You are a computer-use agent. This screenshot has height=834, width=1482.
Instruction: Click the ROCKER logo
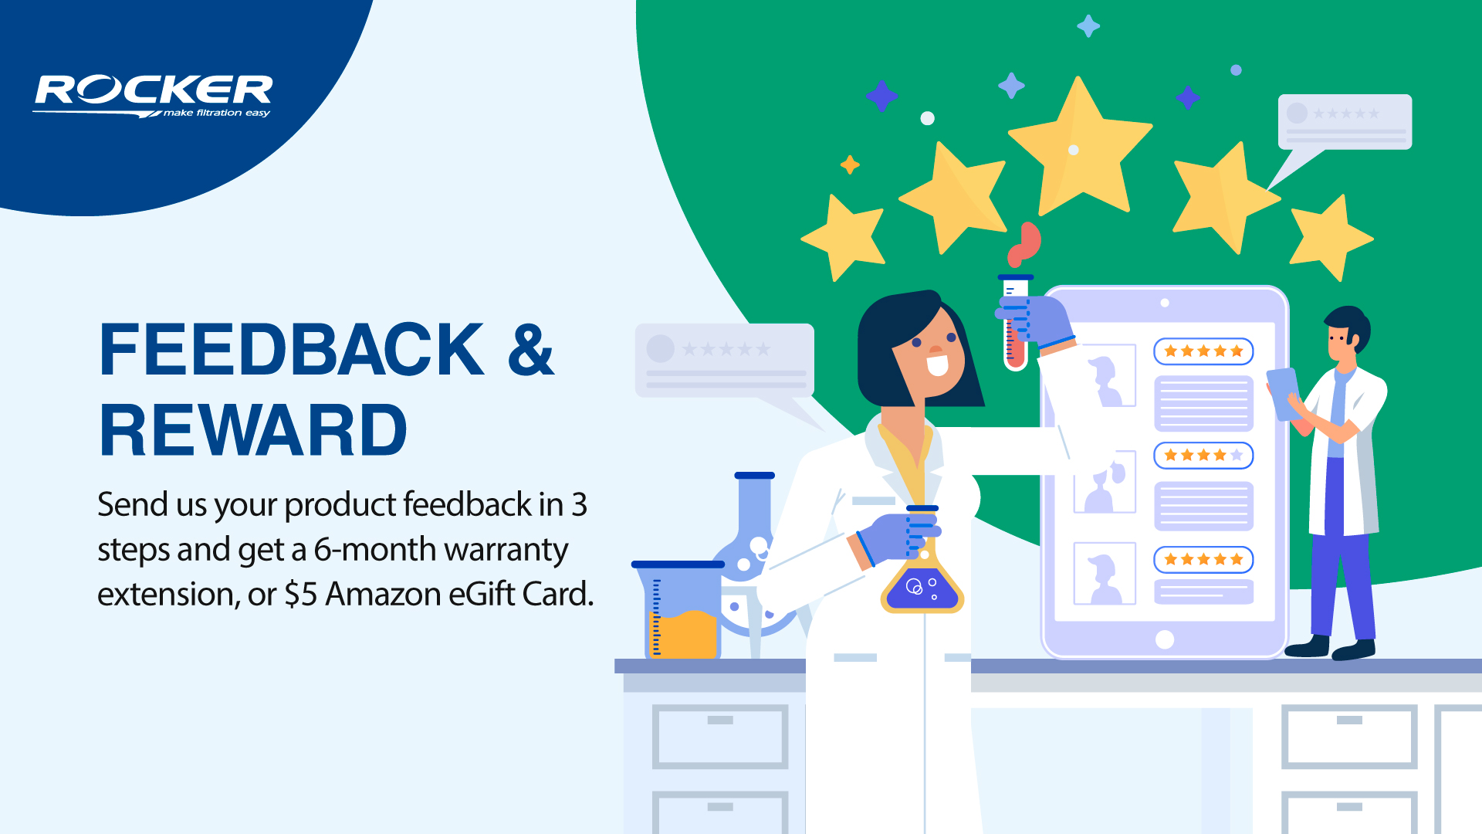click(153, 96)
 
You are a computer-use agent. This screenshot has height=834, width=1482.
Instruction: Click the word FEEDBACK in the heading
click(292, 350)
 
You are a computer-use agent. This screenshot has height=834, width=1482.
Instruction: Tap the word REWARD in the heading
click(253, 430)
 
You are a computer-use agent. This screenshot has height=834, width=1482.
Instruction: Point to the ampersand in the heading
click(531, 350)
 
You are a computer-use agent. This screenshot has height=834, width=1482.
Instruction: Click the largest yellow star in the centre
click(1080, 147)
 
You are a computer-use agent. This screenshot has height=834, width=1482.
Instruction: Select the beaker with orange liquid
click(678, 611)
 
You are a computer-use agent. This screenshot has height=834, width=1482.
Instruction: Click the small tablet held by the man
click(1283, 394)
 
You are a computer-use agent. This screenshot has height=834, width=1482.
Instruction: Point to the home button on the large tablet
click(1165, 639)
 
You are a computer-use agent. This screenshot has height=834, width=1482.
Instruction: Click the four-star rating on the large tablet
click(1203, 456)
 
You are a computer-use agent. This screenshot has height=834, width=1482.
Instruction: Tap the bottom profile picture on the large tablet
click(1105, 573)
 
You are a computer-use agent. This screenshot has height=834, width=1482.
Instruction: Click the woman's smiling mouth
click(937, 364)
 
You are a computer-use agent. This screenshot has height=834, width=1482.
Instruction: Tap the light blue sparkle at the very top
click(1088, 26)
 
